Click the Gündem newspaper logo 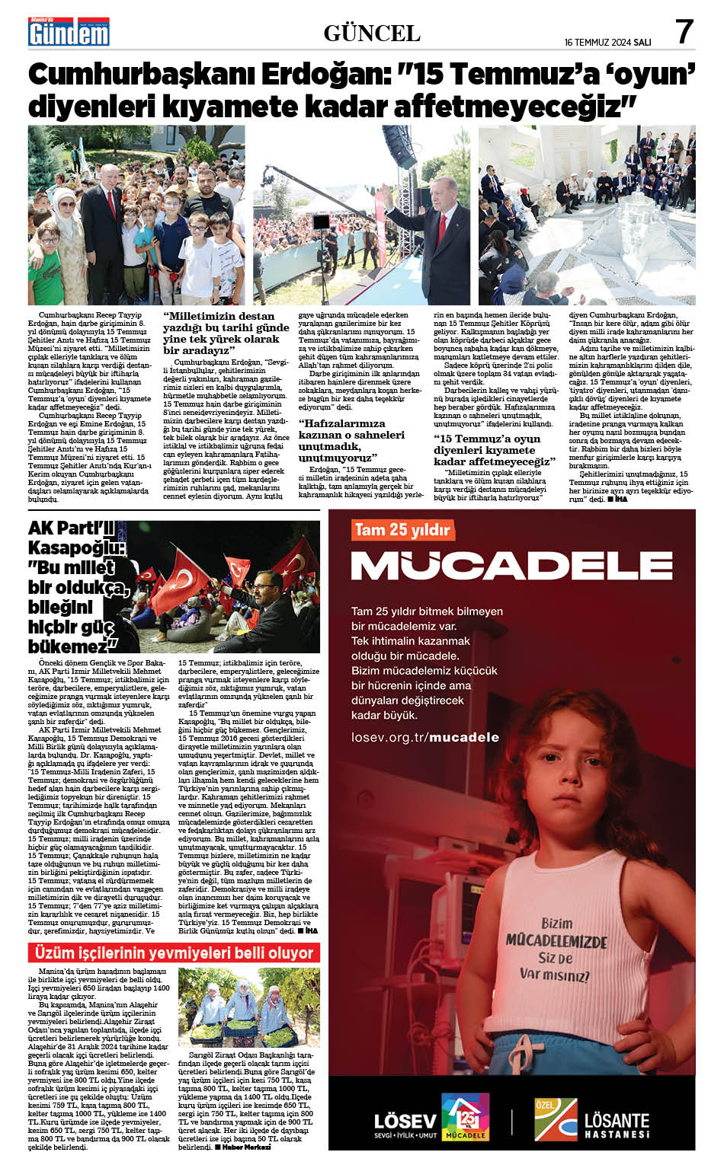[69, 31]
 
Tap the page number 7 [684, 32]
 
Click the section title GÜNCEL [372, 33]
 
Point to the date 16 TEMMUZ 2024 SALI [607, 43]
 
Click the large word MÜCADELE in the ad [511, 565]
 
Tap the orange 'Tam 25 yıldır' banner [402, 529]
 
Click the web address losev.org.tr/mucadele [424, 737]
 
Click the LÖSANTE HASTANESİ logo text [617, 1125]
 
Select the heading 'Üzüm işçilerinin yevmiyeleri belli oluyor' [173, 953]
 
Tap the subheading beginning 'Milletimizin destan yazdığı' [226, 333]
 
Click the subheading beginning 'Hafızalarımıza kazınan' [351, 440]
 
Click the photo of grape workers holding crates [248, 1007]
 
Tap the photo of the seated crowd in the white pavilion [587, 215]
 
